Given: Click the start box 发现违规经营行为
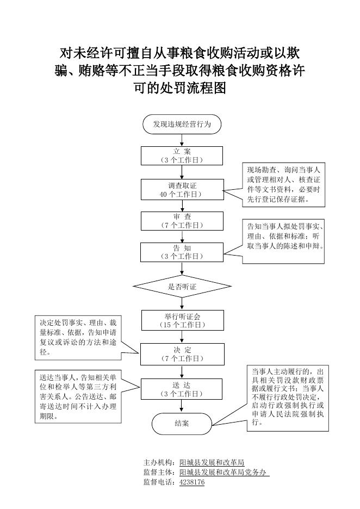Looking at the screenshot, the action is pyautogui.click(x=182, y=124).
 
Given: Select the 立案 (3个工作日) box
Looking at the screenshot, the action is pyautogui.click(x=182, y=156).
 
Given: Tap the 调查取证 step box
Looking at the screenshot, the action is pyautogui.click(x=182, y=190).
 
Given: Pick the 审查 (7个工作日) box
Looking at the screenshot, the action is pyautogui.click(x=182, y=221).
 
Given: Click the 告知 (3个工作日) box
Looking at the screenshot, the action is pyautogui.click(x=182, y=252).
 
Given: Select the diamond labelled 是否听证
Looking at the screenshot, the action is pyautogui.click(x=182, y=287).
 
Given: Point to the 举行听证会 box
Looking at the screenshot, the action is pyautogui.click(x=182, y=320).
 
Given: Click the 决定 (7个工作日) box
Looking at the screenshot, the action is pyautogui.click(x=182, y=354).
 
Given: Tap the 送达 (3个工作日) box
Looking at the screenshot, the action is pyautogui.click(x=182, y=389).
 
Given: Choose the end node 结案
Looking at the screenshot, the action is pyautogui.click(x=182, y=423).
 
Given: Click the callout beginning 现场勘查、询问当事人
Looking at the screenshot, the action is pyautogui.click(x=284, y=185).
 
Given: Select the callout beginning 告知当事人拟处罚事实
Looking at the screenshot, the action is pyautogui.click(x=283, y=241).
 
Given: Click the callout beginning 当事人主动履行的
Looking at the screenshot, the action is pyautogui.click(x=288, y=398).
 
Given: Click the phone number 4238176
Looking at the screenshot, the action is pyautogui.click(x=192, y=482).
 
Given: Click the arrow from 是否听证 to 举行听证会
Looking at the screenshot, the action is pyautogui.click(x=182, y=304).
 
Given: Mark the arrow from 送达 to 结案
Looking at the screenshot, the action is pyautogui.click(x=182, y=406).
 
